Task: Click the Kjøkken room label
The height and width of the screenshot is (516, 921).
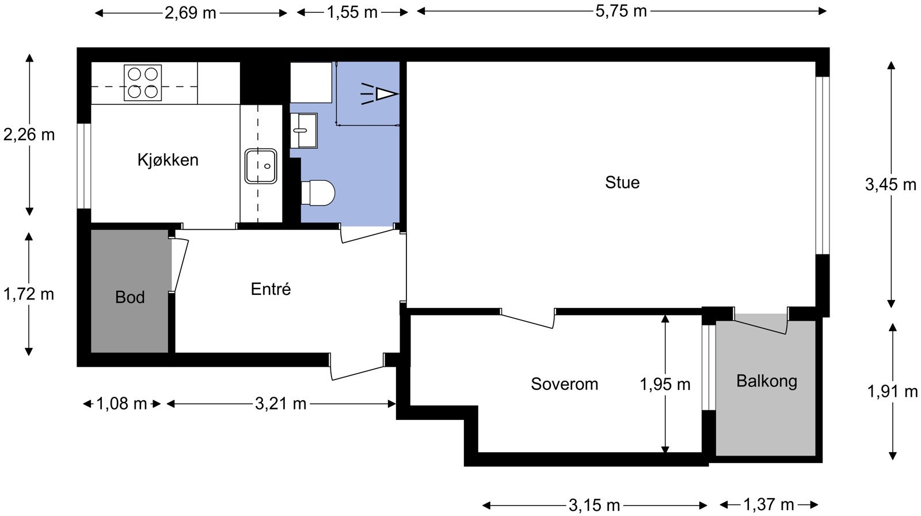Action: (x=168, y=160)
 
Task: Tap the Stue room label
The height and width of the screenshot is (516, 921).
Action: (x=622, y=183)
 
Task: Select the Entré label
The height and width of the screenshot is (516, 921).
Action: (x=271, y=289)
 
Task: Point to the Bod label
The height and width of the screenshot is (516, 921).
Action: (x=130, y=297)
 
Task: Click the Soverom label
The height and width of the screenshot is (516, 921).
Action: (x=564, y=384)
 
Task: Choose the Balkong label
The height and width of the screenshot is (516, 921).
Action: (x=766, y=382)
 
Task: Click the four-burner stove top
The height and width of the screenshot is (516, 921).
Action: (x=143, y=83)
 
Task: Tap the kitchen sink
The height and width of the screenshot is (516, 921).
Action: (x=261, y=166)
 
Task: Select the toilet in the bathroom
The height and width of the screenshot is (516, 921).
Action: (x=318, y=192)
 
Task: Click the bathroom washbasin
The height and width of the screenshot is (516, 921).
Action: (x=304, y=131)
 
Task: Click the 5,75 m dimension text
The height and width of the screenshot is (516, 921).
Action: (x=621, y=11)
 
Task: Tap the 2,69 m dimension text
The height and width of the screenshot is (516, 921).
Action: (x=191, y=13)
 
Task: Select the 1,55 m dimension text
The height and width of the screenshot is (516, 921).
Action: (x=352, y=12)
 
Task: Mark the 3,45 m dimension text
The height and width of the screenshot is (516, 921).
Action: (x=890, y=184)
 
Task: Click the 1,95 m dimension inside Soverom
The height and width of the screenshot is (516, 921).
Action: (x=665, y=384)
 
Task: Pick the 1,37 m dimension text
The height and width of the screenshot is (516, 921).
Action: (x=768, y=504)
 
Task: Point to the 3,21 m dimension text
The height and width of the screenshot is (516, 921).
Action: (x=280, y=404)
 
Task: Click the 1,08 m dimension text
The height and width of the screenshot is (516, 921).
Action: (x=121, y=404)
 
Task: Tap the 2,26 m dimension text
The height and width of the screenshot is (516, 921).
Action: (x=29, y=135)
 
